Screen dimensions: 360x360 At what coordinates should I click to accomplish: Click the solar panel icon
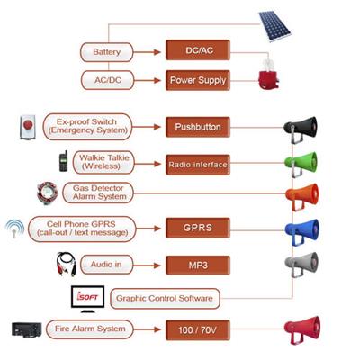(275, 26)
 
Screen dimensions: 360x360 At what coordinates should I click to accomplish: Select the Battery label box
(106, 52)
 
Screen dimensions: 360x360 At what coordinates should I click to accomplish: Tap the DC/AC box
(198, 50)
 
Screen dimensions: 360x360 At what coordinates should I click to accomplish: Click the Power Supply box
(198, 80)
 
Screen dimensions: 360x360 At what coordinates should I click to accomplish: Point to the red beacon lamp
(268, 75)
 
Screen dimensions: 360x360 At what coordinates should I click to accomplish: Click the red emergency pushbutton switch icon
(28, 127)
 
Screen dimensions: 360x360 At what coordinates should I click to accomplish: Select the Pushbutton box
(198, 127)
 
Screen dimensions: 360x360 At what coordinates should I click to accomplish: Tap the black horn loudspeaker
(301, 130)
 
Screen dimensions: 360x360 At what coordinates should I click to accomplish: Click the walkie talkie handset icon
(63, 162)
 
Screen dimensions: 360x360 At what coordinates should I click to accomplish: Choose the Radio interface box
(198, 165)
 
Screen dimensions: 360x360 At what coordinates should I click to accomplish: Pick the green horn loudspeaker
(301, 165)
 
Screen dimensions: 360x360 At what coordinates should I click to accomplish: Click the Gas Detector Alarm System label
(98, 193)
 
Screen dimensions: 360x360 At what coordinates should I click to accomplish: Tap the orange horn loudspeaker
(301, 197)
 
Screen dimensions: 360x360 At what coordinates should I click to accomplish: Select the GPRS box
(198, 228)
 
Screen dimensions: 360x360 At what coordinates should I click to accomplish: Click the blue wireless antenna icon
(14, 229)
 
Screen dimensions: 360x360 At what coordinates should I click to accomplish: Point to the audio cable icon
(67, 264)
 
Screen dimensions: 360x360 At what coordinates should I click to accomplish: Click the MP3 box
(198, 265)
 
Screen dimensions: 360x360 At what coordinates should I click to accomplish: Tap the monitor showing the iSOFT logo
(88, 299)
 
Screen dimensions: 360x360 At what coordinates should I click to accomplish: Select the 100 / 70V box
(198, 330)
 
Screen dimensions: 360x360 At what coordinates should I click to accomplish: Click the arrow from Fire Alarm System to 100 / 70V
(148, 329)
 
